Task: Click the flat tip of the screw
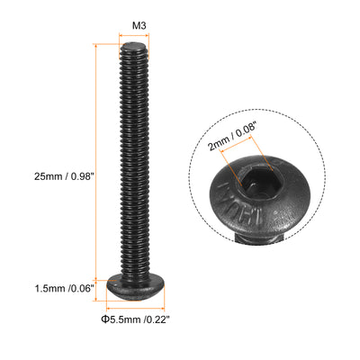click(133, 46)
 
